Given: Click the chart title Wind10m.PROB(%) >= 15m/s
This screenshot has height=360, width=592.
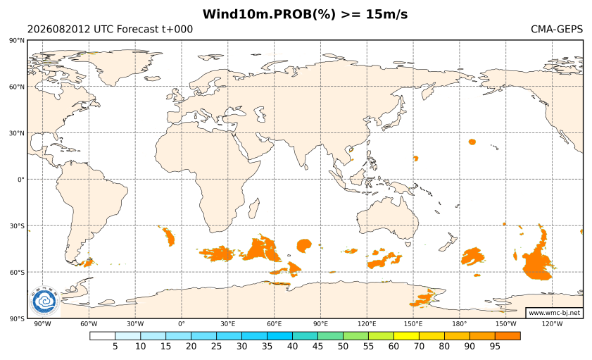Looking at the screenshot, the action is (305, 14).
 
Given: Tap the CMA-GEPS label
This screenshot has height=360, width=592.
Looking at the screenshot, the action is (557, 29).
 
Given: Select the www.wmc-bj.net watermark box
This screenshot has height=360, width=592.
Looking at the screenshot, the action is (554, 313).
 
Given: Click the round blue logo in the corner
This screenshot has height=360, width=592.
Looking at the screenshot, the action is (44, 301).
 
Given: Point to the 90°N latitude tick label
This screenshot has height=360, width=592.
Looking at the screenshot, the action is (17, 40).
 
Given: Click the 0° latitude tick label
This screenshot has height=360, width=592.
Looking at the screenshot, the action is (20, 180).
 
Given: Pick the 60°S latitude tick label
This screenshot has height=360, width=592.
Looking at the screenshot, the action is (17, 273).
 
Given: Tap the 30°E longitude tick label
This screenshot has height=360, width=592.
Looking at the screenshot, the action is (227, 324).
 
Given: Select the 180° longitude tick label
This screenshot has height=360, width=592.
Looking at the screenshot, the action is (460, 324).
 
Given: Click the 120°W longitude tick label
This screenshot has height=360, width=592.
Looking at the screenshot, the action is (552, 324).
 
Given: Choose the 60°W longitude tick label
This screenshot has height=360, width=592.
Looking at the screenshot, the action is (89, 324).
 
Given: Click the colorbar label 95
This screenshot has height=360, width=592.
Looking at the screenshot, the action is (495, 346).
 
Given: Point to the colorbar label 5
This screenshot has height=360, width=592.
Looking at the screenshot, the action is (115, 346).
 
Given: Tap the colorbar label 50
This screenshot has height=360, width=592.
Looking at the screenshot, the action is (343, 346).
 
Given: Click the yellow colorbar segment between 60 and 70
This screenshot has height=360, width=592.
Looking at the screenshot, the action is (406, 336).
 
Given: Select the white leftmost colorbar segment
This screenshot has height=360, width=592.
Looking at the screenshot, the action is (102, 336).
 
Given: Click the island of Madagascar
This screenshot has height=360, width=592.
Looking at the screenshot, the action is (255, 209).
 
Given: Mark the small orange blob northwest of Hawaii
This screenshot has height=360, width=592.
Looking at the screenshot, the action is (472, 142).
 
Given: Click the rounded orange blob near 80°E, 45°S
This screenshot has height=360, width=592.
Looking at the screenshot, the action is (304, 246).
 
